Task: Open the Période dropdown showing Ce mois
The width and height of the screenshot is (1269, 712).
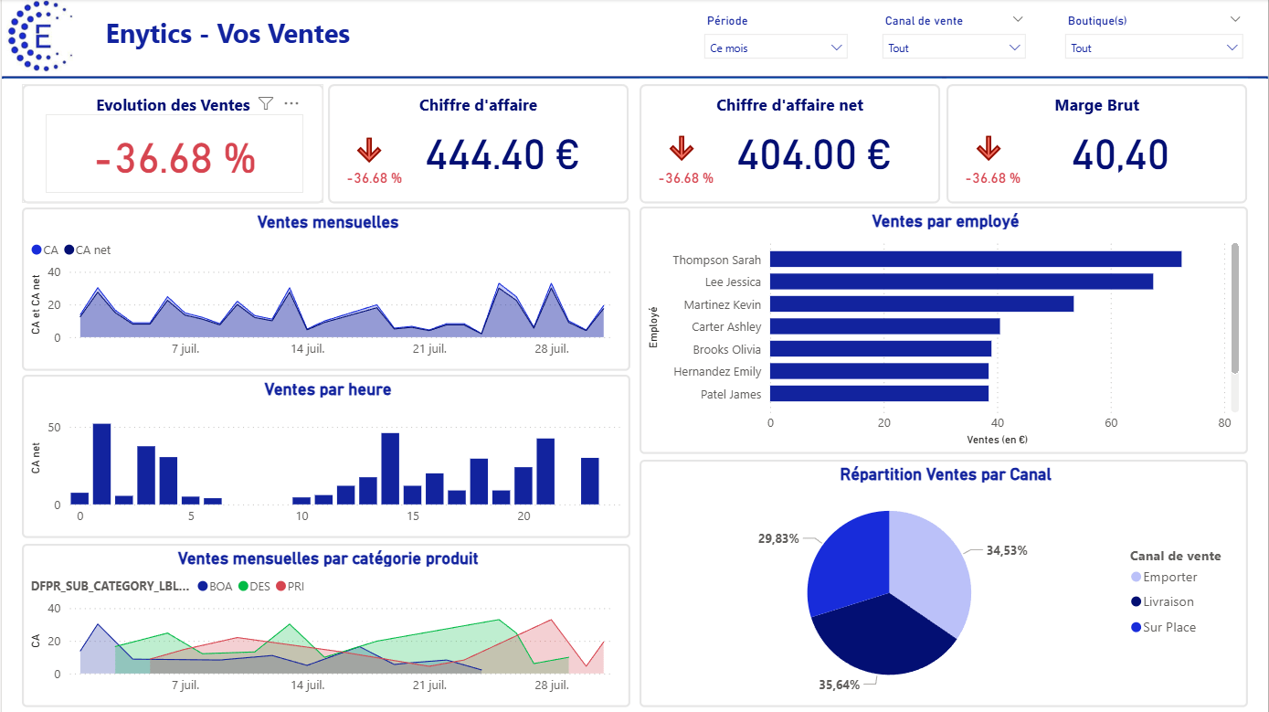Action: click(776, 48)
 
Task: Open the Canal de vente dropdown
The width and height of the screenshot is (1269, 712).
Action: click(954, 48)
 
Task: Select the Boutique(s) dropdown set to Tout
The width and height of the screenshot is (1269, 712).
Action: click(1153, 48)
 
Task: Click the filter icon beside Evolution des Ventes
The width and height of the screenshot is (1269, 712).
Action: click(266, 104)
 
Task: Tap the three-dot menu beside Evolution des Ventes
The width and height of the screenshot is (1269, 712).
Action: click(291, 104)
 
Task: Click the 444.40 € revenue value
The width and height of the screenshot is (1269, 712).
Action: click(502, 155)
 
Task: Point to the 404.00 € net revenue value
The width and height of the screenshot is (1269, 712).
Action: click(813, 155)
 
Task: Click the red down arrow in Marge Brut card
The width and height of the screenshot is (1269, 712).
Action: click(989, 148)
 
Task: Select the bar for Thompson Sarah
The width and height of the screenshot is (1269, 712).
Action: click(975, 260)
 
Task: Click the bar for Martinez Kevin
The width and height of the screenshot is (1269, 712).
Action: click(921, 304)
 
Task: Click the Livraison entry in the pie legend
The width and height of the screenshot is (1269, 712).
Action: click(1169, 601)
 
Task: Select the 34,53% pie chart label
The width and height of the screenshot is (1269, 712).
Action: click(1006, 551)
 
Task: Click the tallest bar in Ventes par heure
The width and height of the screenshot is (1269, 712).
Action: click(102, 463)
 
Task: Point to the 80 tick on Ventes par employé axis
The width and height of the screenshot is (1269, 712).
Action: click(1224, 423)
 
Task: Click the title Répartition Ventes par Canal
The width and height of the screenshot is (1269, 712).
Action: click(945, 474)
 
